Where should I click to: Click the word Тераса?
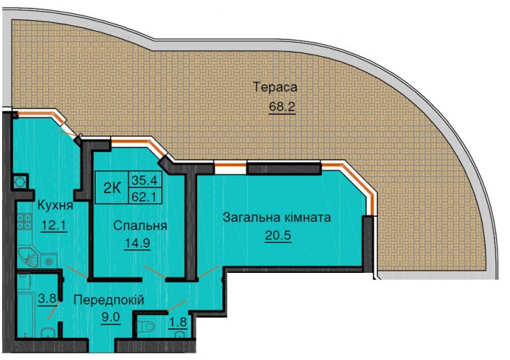pyautogui.click(x=275, y=87)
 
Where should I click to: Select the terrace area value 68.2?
pyautogui.click(x=282, y=107)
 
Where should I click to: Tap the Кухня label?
pyautogui.click(x=55, y=205)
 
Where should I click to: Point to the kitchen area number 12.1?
pyautogui.click(x=54, y=225)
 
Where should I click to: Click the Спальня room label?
pyautogui.click(x=140, y=225)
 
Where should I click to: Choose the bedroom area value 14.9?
pyautogui.click(x=138, y=243)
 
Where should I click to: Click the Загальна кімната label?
pyautogui.click(x=277, y=217)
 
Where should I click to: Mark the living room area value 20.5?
pyautogui.click(x=278, y=235)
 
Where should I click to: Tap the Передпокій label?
pyautogui.click(x=109, y=300)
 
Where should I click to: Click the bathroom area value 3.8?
pyautogui.click(x=47, y=298)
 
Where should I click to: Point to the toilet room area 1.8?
pyautogui.click(x=178, y=322)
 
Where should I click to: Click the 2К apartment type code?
pyautogui.click(x=112, y=188)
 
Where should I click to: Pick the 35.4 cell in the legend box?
pyautogui.click(x=146, y=179)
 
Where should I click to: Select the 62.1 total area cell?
pyautogui.click(x=146, y=196)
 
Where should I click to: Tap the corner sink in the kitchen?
pyautogui.click(x=28, y=258)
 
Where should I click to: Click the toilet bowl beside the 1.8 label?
pyautogui.click(x=146, y=326)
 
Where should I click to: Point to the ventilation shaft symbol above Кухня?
pyautogui.click(x=20, y=182)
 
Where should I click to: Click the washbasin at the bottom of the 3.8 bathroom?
pyautogui.click(x=48, y=333)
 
